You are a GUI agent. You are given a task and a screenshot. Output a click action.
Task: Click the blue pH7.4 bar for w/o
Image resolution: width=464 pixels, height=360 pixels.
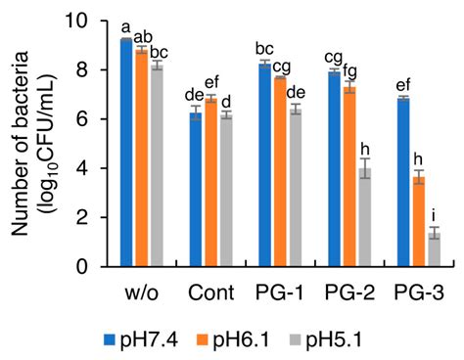[x=126, y=153]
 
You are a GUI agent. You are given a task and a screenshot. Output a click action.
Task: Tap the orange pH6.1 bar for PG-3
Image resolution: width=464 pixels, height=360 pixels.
[x=418, y=222]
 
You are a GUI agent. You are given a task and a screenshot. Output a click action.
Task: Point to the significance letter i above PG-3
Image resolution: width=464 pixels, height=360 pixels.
[x=433, y=220]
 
